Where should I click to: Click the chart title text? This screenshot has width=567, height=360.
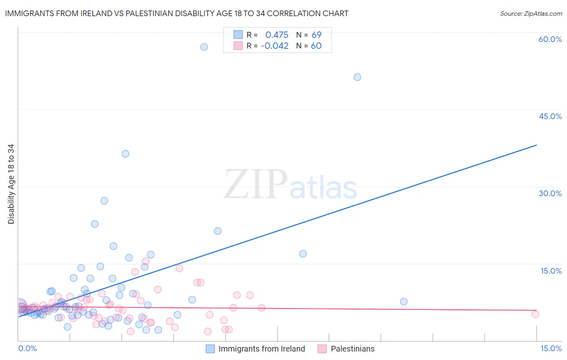pyautogui.click(x=177, y=13)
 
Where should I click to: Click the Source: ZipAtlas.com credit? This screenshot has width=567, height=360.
pyautogui.click(x=531, y=13)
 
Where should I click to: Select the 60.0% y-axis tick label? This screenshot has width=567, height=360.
pyautogui.click(x=550, y=39)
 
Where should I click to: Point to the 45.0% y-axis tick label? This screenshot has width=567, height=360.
pyautogui.click(x=550, y=116)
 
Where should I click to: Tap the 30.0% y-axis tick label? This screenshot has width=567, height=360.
pyautogui.click(x=550, y=193)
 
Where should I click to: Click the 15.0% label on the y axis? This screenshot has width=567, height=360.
pyautogui.click(x=551, y=271)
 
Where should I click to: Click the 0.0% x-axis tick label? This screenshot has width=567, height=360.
pyautogui.click(x=27, y=349)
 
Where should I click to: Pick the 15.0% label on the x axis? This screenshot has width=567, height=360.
pyautogui.click(x=551, y=349)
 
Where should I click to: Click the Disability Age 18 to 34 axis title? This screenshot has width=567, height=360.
pyautogui.click(x=11, y=184)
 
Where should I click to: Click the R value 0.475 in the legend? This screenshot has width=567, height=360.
pyautogui.click(x=277, y=35)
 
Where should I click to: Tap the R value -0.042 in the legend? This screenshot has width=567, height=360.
pyautogui.click(x=275, y=46)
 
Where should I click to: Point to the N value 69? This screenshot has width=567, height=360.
pyautogui.click(x=317, y=35)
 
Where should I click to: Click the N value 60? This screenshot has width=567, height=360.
pyautogui.click(x=316, y=46)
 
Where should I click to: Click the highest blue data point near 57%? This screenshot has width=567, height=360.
pyautogui.click(x=204, y=47)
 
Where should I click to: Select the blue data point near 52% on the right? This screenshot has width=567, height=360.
pyautogui.click(x=357, y=77)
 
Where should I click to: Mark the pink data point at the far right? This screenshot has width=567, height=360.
pyautogui.click(x=535, y=314)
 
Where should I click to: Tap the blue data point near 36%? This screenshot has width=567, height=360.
pyautogui.click(x=125, y=154)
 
